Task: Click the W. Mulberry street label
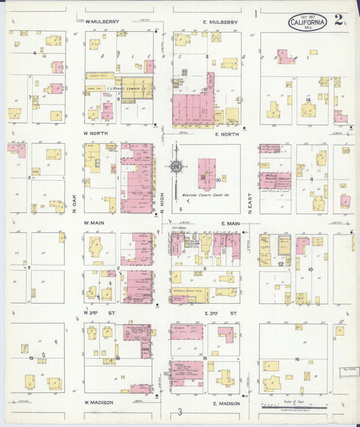pos(102,22)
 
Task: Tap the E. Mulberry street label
pos(221,22)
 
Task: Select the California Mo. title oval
pos(308,22)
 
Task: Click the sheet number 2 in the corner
pos(339,21)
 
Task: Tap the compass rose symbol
pos(176,166)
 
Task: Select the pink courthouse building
pos(206,173)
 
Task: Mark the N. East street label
pos(249,203)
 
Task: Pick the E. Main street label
pos(230,223)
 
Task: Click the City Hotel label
pos(179,229)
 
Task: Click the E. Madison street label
pos(226,403)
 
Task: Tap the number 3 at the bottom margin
pos(180,412)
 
